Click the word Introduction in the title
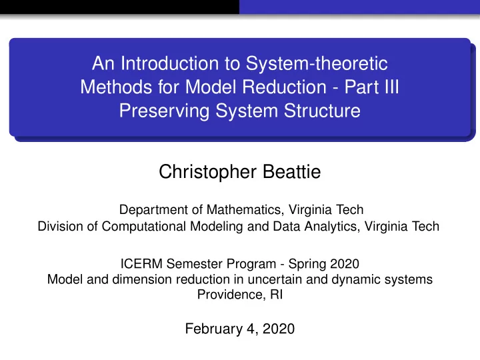tap(169, 63)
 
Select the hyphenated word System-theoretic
tap(317, 64)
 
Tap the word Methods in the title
tap(116, 87)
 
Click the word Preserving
tap(164, 111)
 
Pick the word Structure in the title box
tap(322, 111)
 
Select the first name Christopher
tap(207, 173)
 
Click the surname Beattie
tap(292, 172)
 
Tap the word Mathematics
tap(244, 210)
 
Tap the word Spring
tap(307, 265)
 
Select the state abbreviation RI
tap(277, 295)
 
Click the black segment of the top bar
tap(119, 7)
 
